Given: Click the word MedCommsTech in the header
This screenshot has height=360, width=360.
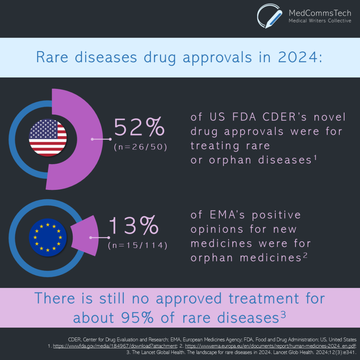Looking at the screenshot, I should tap(320, 13).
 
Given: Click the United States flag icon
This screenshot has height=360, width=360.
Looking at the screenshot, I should tap(48, 138).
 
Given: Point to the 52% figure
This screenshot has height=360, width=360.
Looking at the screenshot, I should tap(139, 127).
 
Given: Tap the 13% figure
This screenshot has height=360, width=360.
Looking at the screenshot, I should tap(134, 226).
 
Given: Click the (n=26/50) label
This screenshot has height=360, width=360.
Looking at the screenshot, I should tap(140, 147).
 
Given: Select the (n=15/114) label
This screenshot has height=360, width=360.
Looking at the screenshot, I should tap(137, 245).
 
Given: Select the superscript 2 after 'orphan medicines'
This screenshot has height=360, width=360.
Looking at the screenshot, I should tap(305, 256).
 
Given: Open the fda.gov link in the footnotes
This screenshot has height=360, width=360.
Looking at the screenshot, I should tap(115, 346).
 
